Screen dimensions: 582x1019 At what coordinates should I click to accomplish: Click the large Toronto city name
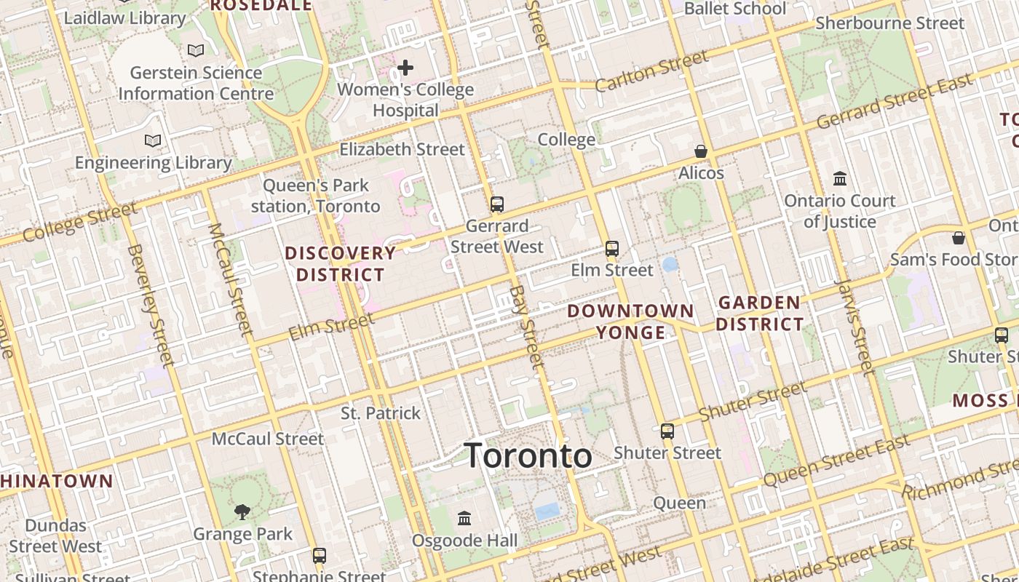click(x=528, y=455)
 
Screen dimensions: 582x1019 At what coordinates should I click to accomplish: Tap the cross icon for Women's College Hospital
click(x=405, y=68)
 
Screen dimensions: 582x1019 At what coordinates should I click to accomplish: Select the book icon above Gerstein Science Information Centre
click(x=195, y=50)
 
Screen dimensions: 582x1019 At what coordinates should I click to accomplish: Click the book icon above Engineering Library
click(x=153, y=140)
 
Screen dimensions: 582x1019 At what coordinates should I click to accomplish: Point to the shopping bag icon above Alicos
click(x=701, y=151)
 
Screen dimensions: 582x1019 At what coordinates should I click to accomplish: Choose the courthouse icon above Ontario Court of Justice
click(x=840, y=178)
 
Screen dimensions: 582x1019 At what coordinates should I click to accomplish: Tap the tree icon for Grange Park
click(x=242, y=512)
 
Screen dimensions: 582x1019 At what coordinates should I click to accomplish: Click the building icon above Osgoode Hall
click(x=464, y=519)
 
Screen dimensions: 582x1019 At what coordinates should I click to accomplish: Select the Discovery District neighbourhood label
click(x=340, y=264)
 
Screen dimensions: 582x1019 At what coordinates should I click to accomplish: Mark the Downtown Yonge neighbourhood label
click(x=630, y=322)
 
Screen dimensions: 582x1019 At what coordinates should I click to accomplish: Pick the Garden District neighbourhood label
click(x=760, y=314)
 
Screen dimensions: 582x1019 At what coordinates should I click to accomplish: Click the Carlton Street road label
click(x=651, y=72)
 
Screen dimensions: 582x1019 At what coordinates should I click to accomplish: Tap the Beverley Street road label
click(x=150, y=305)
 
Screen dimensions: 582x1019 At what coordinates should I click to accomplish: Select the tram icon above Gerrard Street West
click(x=497, y=204)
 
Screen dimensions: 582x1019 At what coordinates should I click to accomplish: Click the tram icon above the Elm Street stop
click(x=612, y=249)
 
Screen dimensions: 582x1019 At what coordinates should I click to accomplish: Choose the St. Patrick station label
click(x=381, y=413)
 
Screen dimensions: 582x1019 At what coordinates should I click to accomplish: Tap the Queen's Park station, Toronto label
click(x=316, y=196)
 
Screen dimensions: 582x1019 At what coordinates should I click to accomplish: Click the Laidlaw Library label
click(x=125, y=18)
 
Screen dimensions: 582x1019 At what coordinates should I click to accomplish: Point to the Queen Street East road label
click(x=836, y=461)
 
